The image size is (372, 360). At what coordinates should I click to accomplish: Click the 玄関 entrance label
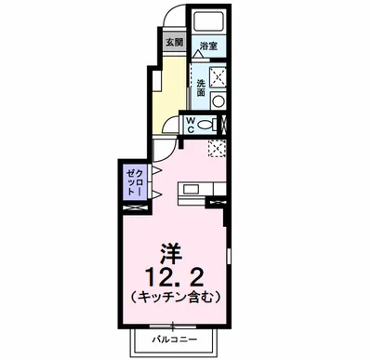click(174, 43)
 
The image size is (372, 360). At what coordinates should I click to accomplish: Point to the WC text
click(189, 124)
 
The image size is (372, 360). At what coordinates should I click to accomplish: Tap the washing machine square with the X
click(219, 77)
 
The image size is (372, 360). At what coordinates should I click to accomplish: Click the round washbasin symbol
click(219, 100)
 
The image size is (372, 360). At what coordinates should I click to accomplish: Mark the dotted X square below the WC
click(217, 148)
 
